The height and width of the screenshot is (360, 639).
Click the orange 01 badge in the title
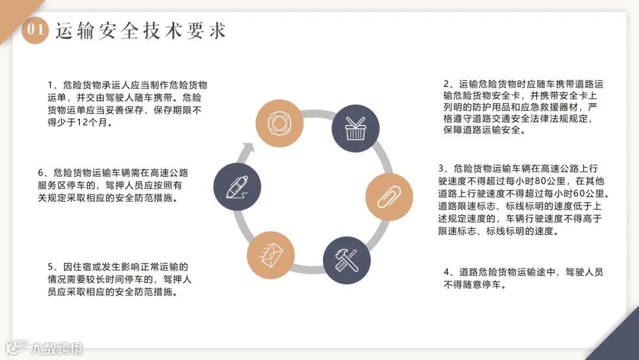pos(34,31)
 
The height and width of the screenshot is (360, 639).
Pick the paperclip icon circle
pos(389,197)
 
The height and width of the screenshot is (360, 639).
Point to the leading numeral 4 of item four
pos(447,272)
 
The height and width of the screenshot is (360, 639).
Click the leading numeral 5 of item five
pos(51,266)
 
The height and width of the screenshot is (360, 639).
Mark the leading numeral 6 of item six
pos(41,173)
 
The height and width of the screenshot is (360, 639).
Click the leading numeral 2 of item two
pos(447,85)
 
